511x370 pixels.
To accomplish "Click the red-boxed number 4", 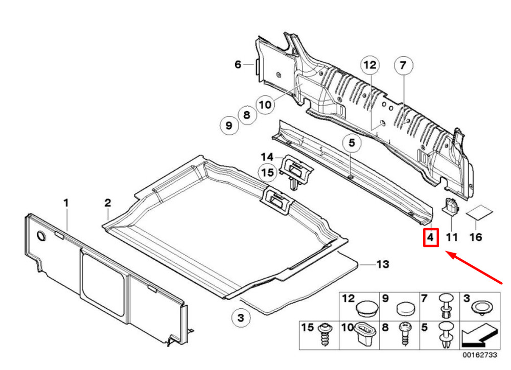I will point(431,238).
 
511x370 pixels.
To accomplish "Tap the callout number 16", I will point(475,237).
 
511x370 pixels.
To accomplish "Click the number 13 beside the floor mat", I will point(383,264).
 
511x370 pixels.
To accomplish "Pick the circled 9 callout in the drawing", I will point(229,125).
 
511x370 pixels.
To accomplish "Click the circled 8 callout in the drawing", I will point(247,115).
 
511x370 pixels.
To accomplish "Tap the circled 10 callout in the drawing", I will point(264,105).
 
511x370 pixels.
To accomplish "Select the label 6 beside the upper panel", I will point(238,64).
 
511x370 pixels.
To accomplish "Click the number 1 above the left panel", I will point(66,203).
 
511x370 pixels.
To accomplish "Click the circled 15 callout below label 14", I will point(268,172).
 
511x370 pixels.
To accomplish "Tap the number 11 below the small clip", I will point(452,237).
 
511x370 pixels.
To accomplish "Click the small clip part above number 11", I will point(450,206).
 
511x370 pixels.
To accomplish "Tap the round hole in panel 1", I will point(40,236).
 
